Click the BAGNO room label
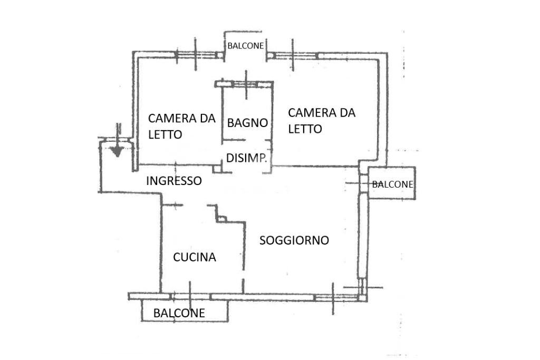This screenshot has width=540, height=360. point(247,123)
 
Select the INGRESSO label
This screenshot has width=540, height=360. point(173,181)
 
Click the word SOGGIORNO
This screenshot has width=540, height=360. point(294,240)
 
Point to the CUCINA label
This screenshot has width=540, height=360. point(195,257)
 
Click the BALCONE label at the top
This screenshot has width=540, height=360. point(245,46)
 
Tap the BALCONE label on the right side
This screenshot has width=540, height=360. point(392,184)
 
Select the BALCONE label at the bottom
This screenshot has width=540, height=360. point(179,313)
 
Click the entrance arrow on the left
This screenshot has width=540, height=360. point(117,150)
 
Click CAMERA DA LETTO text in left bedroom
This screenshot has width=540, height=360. point(181,126)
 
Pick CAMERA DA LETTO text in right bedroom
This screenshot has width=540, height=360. point(321,120)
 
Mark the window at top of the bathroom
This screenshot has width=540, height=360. point(246,83)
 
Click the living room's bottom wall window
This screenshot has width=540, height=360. point(333,298)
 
